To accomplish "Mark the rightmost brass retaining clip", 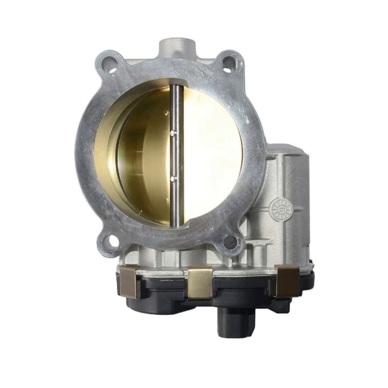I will [287, 280].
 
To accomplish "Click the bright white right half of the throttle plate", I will [210, 155].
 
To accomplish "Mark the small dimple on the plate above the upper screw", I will [167, 113].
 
